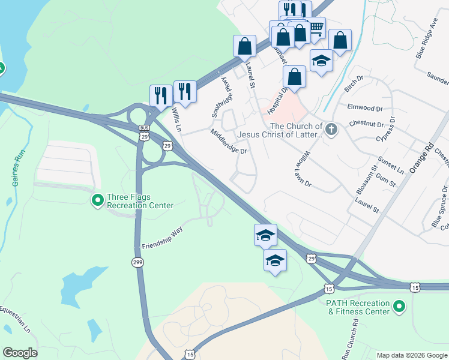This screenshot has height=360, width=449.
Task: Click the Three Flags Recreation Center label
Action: (140, 201)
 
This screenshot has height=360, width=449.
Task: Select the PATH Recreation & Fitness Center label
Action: (358, 307)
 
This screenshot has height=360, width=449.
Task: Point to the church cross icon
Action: (330, 129)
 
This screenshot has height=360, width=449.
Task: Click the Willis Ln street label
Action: (176, 119)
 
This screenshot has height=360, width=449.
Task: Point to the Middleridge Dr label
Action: (229, 141)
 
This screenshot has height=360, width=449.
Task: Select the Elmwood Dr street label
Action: (365, 108)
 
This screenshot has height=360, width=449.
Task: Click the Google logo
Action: (19, 353)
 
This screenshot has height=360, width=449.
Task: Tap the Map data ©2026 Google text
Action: (411, 355)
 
